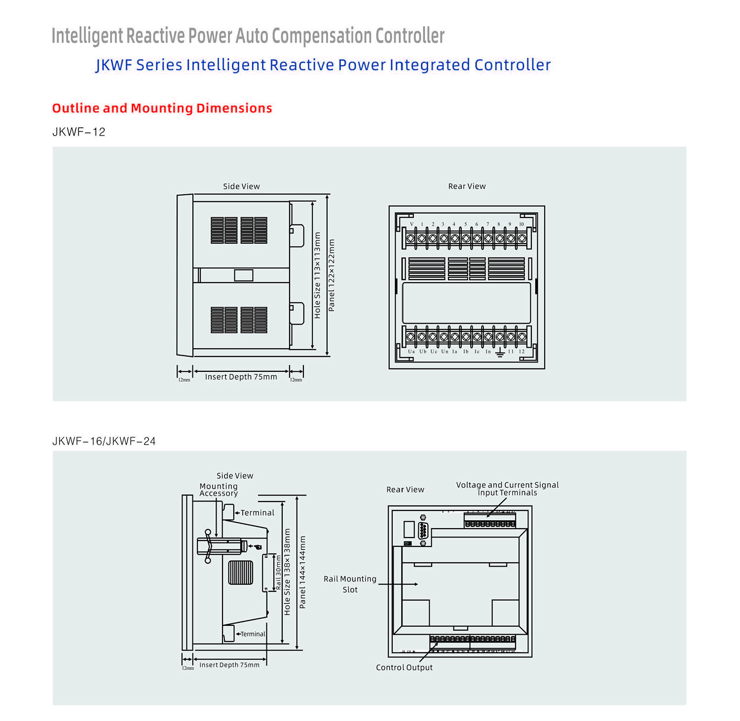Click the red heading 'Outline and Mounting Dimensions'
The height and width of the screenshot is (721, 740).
162,108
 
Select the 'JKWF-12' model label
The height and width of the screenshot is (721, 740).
79,132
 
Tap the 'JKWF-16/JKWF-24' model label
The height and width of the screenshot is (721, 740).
104,441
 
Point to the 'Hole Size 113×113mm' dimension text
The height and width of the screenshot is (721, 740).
317,275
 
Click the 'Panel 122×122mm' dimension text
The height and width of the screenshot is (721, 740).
332,275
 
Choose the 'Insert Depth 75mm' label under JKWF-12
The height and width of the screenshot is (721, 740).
241,377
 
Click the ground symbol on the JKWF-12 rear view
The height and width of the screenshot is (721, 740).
499,352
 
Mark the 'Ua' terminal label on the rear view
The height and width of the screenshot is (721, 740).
411,352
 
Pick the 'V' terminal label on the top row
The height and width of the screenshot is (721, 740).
411,224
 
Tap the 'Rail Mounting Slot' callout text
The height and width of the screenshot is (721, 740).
350,584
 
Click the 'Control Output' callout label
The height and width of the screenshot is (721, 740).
404,667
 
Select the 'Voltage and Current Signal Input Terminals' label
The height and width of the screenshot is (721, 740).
507,489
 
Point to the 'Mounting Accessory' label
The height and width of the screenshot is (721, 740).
219,490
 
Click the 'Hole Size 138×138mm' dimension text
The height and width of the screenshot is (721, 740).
287,572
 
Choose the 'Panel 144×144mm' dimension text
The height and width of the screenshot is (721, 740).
302,572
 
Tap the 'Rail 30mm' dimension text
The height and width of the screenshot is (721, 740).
278,572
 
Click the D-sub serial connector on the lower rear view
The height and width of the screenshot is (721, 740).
423,531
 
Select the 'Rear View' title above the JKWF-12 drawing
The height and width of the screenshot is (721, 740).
467,186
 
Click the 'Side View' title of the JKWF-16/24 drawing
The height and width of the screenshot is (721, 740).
235,476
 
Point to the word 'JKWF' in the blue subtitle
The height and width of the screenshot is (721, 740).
114,65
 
